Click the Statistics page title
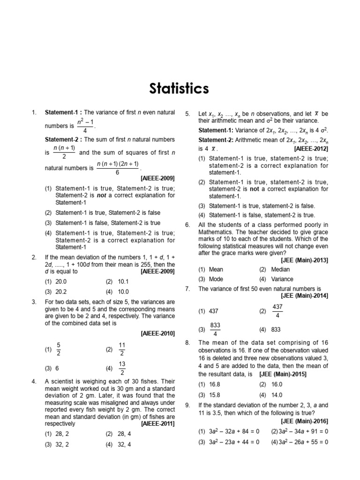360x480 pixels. tap(180, 89)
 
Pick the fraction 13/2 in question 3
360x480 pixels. tap(122, 368)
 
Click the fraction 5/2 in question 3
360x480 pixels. tap(59, 349)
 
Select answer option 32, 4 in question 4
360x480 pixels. tap(123, 445)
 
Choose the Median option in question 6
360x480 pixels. tap(280, 270)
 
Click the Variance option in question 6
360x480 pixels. tap(282, 279)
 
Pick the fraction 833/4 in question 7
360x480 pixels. tap(216, 330)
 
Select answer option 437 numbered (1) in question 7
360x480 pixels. tap(214, 311)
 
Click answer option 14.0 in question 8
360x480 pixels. tap(276, 395)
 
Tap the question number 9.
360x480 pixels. tap(187, 405)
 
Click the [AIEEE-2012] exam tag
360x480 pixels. tap(311, 149)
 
